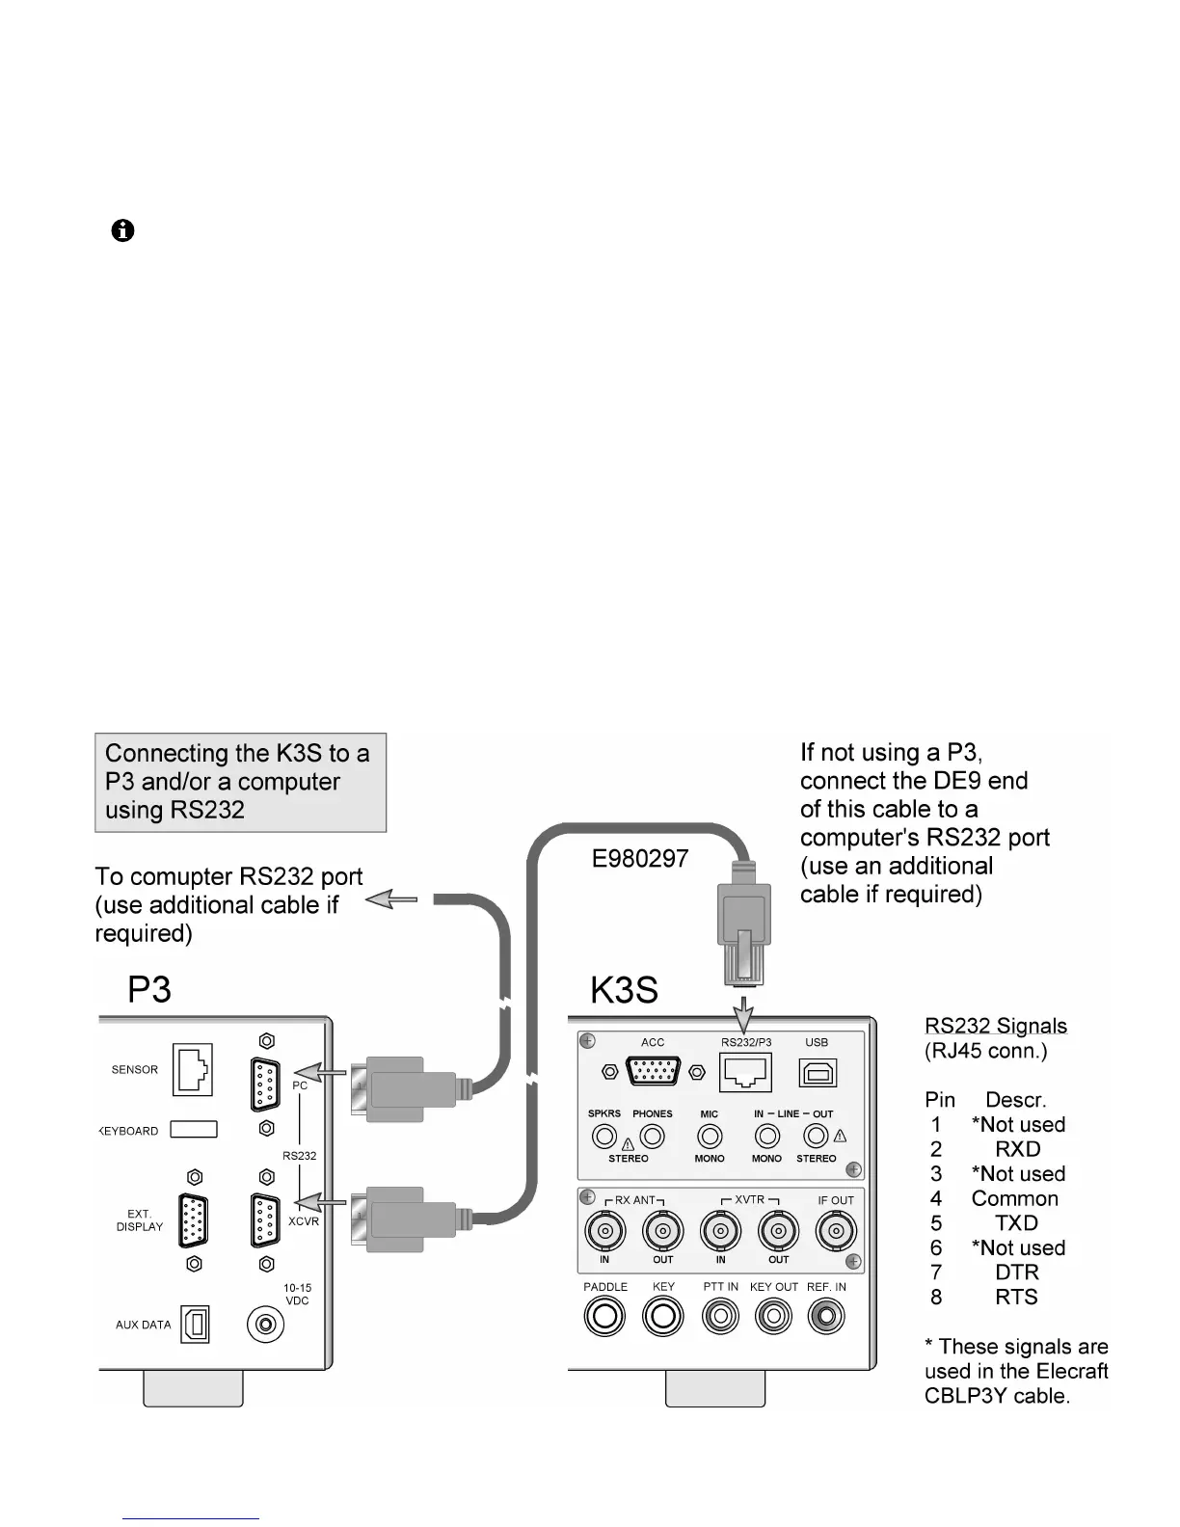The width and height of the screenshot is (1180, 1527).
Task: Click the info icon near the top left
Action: (x=122, y=231)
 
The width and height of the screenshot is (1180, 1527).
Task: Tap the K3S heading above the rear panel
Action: (x=624, y=990)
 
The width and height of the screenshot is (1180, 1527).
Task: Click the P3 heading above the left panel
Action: (x=149, y=990)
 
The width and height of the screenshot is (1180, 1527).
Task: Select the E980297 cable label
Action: (x=640, y=859)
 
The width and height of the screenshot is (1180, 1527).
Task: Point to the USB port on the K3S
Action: (x=818, y=1073)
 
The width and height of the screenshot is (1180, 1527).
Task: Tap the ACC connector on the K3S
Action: (x=653, y=1072)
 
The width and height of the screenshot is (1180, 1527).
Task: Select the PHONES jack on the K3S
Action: (x=653, y=1137)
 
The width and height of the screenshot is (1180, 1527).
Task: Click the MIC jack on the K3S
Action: (x=710, y=1137)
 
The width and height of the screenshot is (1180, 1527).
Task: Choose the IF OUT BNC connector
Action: (x=836, y=1230)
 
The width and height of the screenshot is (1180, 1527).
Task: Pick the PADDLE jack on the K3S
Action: (x=604, y=1317)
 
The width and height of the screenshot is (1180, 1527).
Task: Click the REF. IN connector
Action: (x=826, y=1317)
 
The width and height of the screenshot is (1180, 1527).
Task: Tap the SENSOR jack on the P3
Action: (x=192, y=1070)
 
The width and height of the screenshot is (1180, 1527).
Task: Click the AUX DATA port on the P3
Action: (x=195, y=1325)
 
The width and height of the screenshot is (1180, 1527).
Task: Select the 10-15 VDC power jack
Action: (x=265, y=1325)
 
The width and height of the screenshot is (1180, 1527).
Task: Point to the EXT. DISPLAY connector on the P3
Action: (x=194, y=1220)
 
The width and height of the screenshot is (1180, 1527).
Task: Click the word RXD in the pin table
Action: (x=1018, y=1149)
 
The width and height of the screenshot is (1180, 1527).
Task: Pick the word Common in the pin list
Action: (x=1014, y=1198)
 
